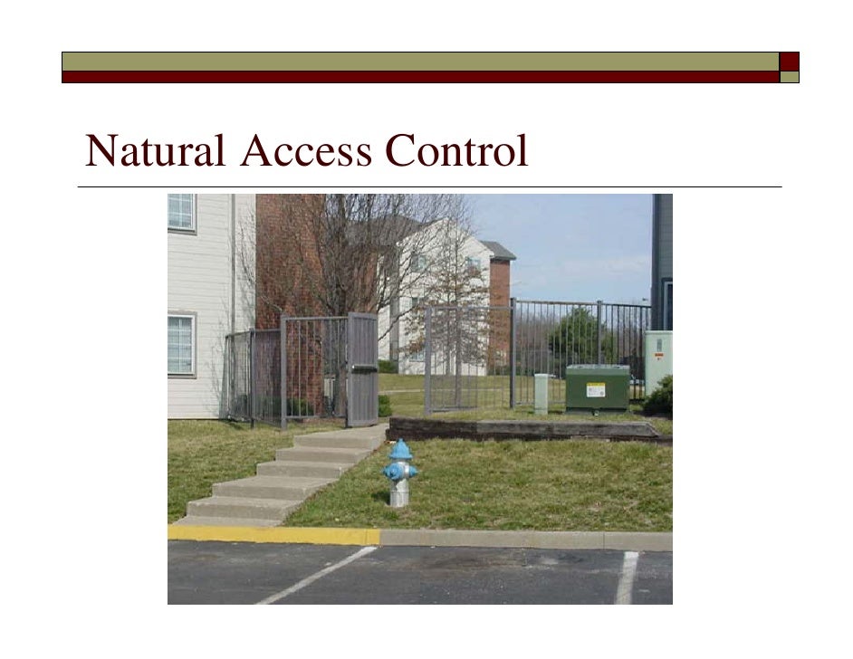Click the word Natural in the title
(x=155, y=151)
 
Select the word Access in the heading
(x=305, y=151)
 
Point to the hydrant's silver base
(x=399, y=493)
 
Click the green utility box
(x=597, y=387)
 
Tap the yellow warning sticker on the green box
(x=595, y=390)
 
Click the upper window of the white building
(x=181, y=212)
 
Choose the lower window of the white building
(x=181, y=344)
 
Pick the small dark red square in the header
(x=790, y=61)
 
